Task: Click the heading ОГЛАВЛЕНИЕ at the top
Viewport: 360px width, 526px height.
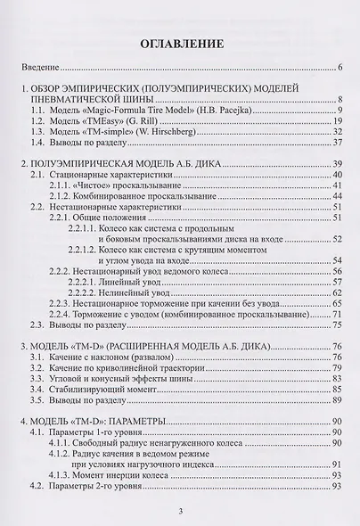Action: [x=179, y=42]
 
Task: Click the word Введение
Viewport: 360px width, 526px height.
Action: [x=42, y=68]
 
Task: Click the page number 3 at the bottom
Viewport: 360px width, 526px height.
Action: [x=180, y=511]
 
